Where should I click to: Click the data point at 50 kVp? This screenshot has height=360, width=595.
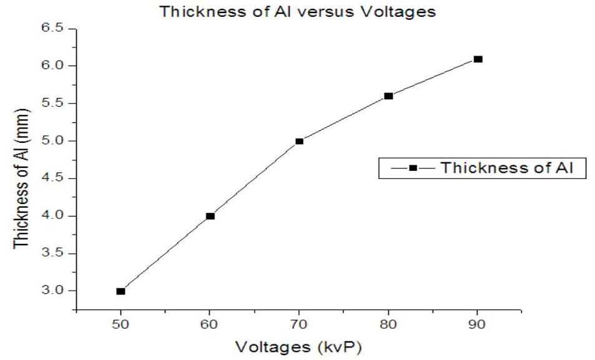[x=120, y=291]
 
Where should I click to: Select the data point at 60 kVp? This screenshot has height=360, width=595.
[x=210, y=216]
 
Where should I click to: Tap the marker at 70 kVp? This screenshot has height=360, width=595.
[x=299, y=141]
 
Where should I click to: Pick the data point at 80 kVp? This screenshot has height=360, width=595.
[x=388, y=96]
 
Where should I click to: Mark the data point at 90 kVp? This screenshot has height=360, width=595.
[x=478, y=59]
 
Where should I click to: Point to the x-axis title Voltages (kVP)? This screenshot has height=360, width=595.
[x=298, y=345]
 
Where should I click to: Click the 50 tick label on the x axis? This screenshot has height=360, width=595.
[x=120, y=324]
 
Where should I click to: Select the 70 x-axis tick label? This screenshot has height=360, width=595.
[x=299, y=324]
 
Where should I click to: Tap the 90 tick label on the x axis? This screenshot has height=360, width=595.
[x=478, y=324]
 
